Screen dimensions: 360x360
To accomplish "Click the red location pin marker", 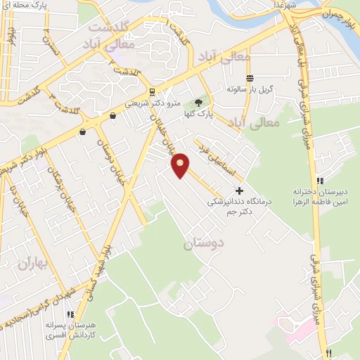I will click(x=181, y=166).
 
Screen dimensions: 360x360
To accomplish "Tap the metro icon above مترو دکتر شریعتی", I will click(x=151, y=92).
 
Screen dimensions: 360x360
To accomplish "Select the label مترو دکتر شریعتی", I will click(x=152, y=103).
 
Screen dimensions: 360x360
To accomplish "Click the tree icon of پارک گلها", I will click(x=198, y=103).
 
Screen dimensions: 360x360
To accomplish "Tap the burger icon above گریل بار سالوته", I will click(x=249, y=78).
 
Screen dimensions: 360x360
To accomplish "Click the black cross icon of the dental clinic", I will click(x=239, y=190).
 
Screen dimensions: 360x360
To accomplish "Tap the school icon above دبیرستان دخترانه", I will click(x=320, y=181).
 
